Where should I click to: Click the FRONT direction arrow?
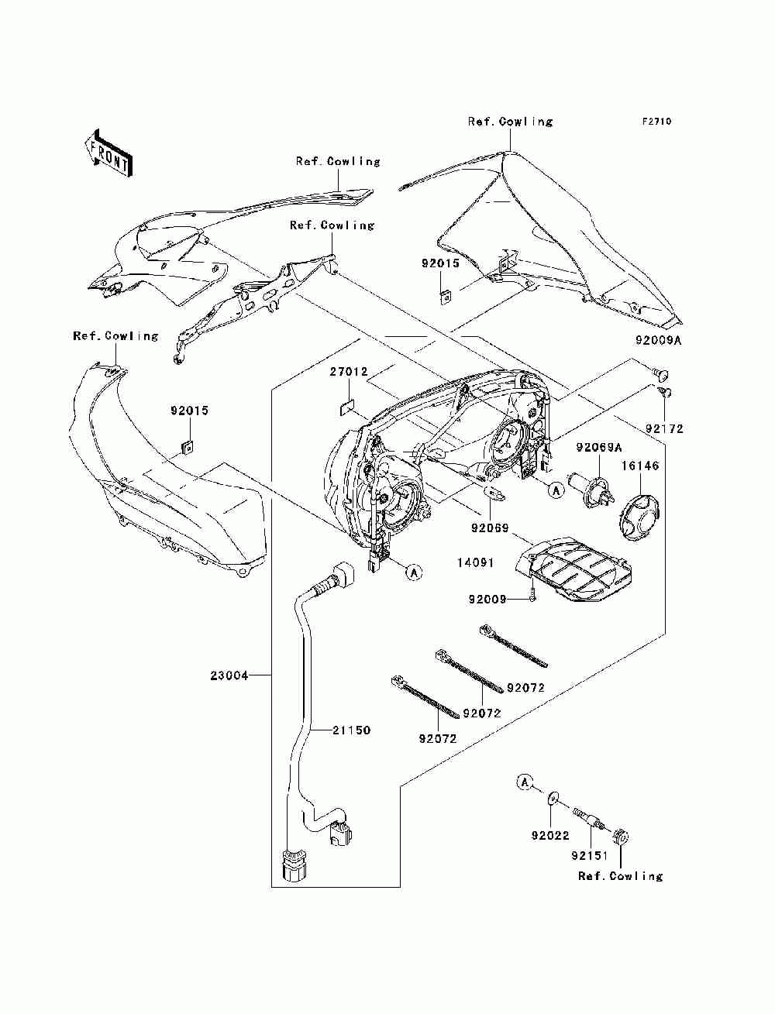point(108,153)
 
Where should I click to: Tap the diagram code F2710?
point(656,122)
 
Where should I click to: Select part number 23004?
point(229,675)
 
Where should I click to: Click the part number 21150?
point(351,730)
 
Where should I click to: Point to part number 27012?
point(349,371)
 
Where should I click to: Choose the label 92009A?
point(659,341)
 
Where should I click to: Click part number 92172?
point(664,428)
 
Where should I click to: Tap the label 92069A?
point(599,447)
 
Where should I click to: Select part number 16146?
point(640,466)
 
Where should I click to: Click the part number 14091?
point(476,562)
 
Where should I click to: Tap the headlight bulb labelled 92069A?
point(591,490)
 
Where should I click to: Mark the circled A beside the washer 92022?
point(524,782)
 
